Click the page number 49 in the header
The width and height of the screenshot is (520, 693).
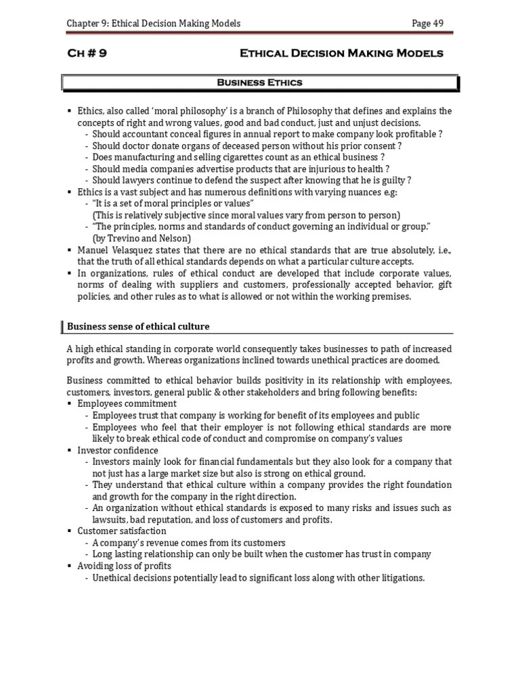point(437,24)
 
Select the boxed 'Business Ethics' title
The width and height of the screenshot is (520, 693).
point(259,83)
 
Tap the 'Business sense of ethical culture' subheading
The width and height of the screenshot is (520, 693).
point(138,327)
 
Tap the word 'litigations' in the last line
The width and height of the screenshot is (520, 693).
point(402,577)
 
